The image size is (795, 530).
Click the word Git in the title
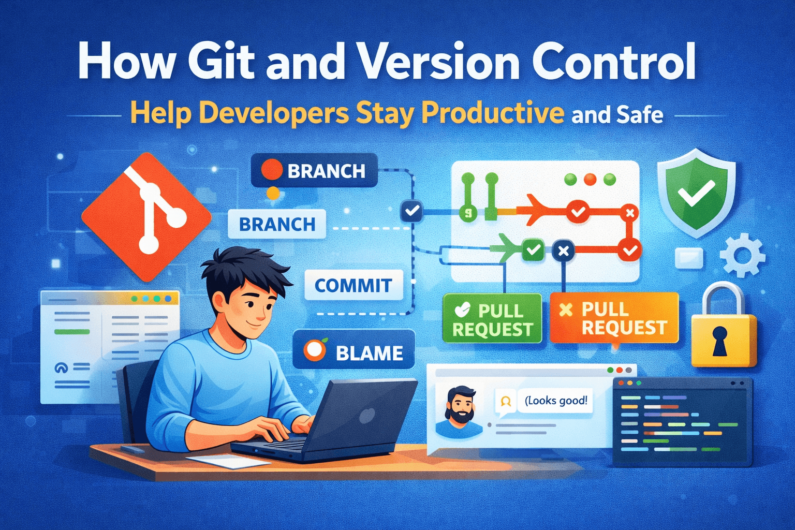(x=221, y=62)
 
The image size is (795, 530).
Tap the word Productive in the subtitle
(x=492, y=112)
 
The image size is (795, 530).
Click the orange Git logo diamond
(x=146, y=217)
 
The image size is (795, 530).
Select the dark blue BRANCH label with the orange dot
(x=314, y=170)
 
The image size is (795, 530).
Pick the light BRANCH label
(x=277, y=224)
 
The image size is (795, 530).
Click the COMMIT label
(x=354, y=285)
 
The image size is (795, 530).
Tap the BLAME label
(x=354, y=352)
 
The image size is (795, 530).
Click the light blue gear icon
(x=742, y=255)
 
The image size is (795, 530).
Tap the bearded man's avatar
(x=459, y=413)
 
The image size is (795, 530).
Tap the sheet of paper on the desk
(x=228, y=460)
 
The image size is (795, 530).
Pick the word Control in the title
(x=614, y=62)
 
